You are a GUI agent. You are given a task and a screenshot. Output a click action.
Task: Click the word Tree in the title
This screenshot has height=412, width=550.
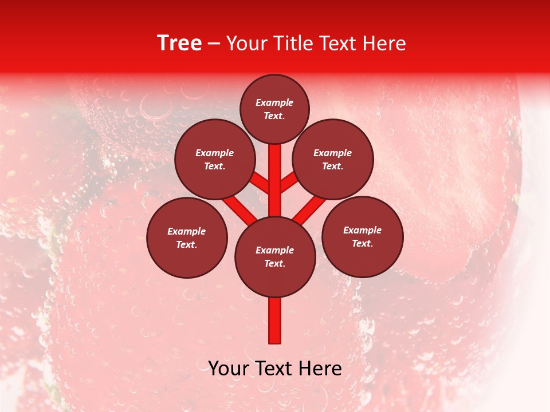tap(179, 43)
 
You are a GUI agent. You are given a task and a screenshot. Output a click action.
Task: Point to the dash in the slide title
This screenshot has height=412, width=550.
tap(214, 44)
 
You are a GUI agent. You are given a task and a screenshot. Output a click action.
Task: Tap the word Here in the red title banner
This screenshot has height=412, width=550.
tap(384, 43)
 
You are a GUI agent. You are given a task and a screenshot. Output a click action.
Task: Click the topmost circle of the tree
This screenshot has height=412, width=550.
tap(274, 109)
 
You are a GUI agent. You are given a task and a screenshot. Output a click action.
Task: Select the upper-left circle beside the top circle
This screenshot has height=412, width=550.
tap(215, 159)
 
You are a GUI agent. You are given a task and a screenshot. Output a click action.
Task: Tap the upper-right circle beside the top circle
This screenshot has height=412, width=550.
tap(333, 159)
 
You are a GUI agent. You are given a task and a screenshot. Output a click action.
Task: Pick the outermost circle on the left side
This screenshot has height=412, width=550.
tap(187, 237)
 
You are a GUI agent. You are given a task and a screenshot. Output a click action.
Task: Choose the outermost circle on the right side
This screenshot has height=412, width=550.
tap(363, 236)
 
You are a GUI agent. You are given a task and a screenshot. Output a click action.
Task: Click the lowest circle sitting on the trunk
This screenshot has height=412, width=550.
tap(275, 257)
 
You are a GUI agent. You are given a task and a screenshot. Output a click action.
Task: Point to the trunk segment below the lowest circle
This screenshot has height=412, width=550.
tap(275, 320)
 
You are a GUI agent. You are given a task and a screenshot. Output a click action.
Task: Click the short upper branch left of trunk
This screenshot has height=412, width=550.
tap(261, 183)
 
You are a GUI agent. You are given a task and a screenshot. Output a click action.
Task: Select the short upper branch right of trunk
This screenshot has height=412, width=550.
tap(289, 183)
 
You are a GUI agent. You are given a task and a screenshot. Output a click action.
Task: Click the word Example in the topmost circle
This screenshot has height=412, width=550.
tap(274, 102)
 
